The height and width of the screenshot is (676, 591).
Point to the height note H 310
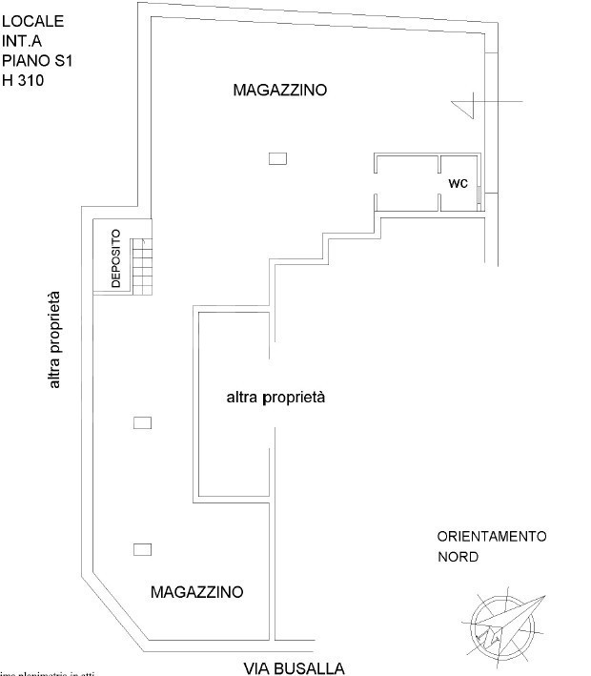coord(23,81)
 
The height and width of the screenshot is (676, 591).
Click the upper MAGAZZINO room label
coord(279,91)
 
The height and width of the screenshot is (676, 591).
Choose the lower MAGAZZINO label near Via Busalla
coord(197,592)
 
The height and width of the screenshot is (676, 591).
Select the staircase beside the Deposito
coord(141,267)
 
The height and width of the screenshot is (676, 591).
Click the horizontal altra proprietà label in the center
coord(275,397)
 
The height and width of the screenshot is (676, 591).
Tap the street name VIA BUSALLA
coord(294,668)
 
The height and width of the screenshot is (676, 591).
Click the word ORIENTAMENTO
coord(491,537)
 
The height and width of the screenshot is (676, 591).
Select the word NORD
coord(458,557)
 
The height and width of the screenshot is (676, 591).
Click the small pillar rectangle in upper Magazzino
coord(277,159)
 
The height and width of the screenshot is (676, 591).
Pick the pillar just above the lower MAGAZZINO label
coord(143,548)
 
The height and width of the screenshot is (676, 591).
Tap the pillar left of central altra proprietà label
coord(143,422)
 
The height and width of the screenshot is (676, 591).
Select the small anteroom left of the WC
coord(407,182)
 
